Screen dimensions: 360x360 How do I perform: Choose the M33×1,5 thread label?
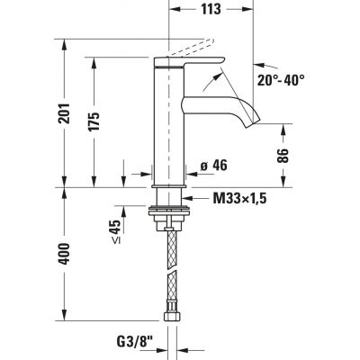point(239,198)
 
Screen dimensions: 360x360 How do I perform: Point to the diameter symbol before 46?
point(201,166)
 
